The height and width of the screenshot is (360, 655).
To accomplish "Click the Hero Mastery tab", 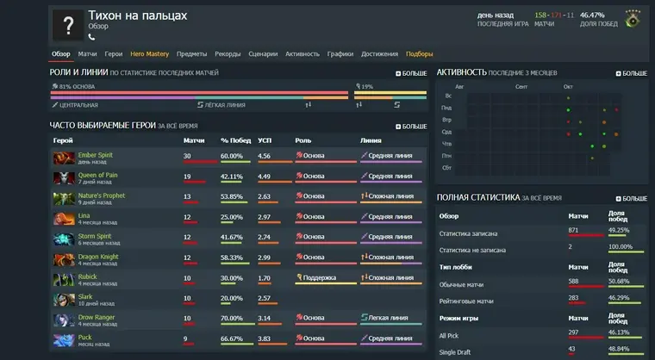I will click(150, 53).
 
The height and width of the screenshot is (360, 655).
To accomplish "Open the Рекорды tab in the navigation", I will click(228, 53).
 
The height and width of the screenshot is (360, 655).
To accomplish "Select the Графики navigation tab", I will click(340, 53).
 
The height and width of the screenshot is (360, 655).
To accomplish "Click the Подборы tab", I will click(420, 53).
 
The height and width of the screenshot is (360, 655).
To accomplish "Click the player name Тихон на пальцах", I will click(138, 16).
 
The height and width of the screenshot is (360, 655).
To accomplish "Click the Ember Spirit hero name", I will click(96, 155).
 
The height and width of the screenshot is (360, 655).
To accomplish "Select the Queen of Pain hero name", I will click(97, 175).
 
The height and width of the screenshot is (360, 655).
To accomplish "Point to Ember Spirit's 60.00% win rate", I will click(232, 156).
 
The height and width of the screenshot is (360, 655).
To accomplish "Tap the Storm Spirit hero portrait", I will click(64, 239).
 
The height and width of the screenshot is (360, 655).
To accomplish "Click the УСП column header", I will click(265, 139).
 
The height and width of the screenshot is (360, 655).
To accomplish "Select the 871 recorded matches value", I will click(574, 230).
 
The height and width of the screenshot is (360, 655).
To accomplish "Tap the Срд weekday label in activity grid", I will click(446, 132).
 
